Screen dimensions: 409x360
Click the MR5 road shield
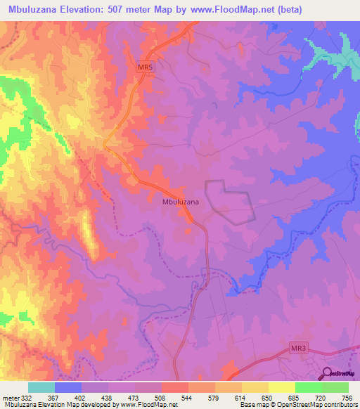144,67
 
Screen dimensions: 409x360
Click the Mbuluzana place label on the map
180,202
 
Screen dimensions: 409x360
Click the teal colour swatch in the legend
41,388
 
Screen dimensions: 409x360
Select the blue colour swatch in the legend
68,388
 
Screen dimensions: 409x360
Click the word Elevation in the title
87,9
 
